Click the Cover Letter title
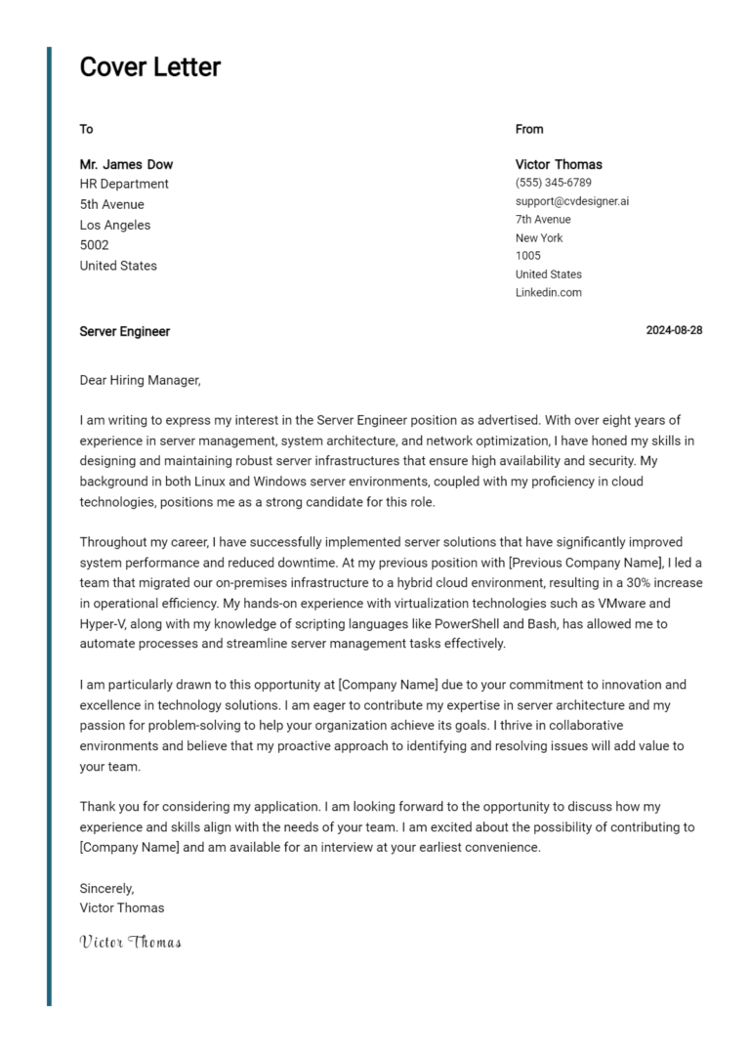[149, 67]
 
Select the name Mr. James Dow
[126, 164]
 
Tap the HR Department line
[124, 184]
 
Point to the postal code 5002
[94, 245]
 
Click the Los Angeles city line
[115, 225]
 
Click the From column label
[529, 129]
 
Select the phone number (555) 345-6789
[553, 183]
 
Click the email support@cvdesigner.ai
[572, 201]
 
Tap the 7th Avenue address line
[543, 220]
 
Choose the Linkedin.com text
[548, 293]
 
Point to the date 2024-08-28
[674, 330]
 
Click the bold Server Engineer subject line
[125, 331]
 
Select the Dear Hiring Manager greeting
[140, 379]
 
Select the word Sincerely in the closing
[106, 888]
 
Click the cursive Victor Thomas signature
[130, 943]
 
